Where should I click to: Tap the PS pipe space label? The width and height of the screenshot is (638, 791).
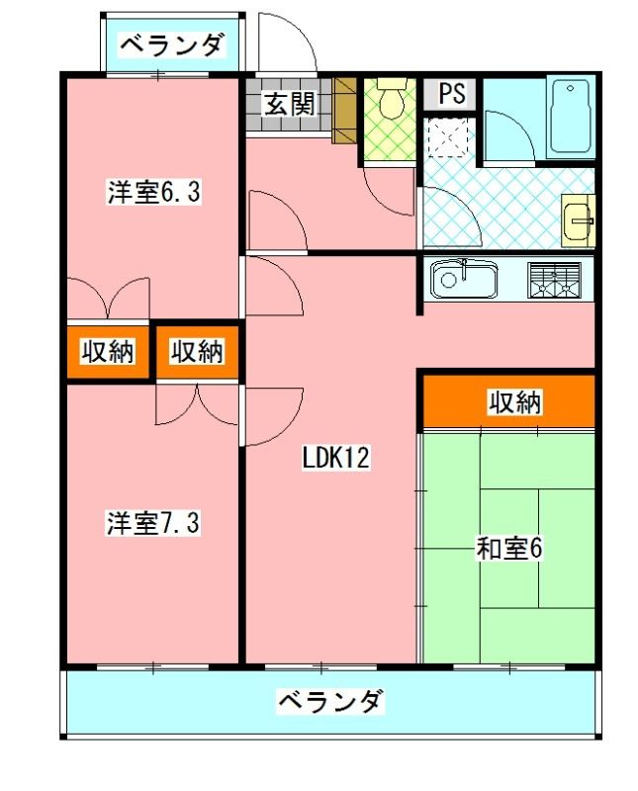(450, 94)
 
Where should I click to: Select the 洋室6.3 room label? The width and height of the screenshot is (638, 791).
(153, 193)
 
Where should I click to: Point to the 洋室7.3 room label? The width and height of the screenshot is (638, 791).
(153, 523)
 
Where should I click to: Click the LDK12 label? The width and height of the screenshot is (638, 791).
(335, 459)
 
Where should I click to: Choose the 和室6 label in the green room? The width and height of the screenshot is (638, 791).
(509, 549)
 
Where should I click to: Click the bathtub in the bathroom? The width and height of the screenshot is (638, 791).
(570, 116)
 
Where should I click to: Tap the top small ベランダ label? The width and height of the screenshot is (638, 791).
(172, 44)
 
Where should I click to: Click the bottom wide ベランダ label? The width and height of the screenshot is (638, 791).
(329, 703)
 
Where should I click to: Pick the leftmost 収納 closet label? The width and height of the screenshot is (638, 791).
(108, 351)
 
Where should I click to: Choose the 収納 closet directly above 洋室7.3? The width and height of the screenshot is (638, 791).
(196, 351)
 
